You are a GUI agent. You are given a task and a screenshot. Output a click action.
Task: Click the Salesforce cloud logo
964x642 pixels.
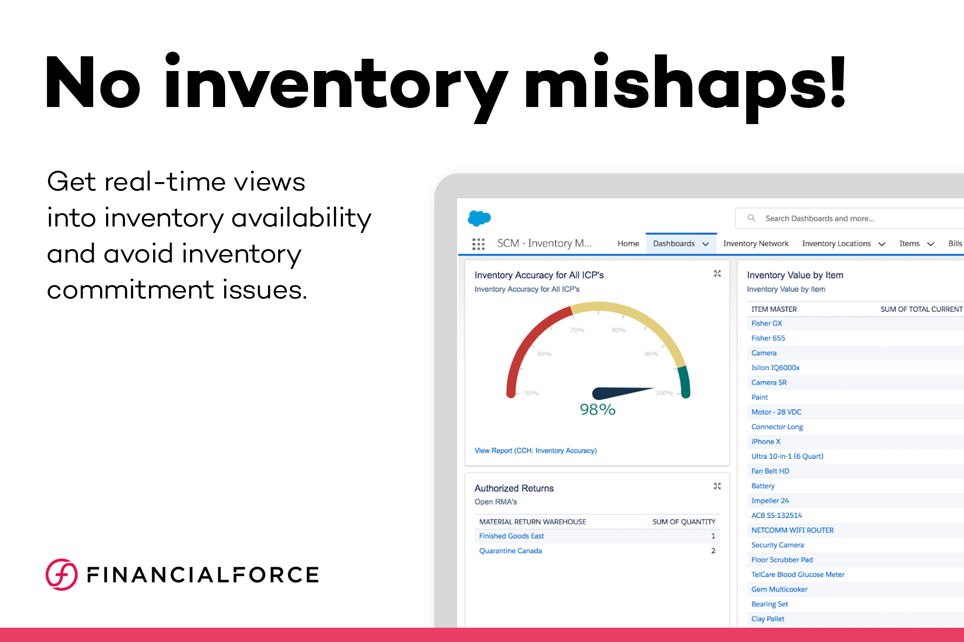(479, 218)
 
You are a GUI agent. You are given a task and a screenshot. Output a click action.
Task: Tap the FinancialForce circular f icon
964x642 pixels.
(61, 575)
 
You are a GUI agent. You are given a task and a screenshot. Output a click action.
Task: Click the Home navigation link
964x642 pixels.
(628, 244)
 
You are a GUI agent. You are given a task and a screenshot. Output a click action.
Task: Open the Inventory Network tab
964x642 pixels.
(756, 244)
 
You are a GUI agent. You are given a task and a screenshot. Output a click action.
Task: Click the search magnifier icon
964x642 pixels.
(751, 218)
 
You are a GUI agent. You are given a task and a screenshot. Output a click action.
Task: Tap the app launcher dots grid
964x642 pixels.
(478, 244)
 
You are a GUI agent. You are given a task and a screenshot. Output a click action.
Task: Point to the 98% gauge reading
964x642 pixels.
(598, 409)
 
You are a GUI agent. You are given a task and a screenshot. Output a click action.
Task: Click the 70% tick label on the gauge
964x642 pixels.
(577, 330)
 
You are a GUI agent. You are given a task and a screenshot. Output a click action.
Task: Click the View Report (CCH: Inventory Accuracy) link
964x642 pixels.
(536, 451)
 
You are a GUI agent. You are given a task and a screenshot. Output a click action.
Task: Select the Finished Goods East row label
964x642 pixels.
(512, 536)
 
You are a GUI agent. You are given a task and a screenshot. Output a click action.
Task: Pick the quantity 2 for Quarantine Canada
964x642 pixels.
(713, 551)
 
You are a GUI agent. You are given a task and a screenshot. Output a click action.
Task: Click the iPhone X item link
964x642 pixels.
(766, 441)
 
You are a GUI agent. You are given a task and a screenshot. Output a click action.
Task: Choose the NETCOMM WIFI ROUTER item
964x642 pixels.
(792, 530)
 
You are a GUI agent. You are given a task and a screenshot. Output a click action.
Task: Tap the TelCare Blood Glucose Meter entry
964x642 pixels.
(798, 575)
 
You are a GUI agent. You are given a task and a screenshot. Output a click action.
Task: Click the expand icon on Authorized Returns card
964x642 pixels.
(717, 486)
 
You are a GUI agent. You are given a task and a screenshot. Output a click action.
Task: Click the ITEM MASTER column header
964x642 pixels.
(774, 309)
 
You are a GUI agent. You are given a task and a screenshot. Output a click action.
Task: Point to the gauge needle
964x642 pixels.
(623, 392)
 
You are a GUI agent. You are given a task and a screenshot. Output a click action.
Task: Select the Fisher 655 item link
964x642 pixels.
(768, 338)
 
